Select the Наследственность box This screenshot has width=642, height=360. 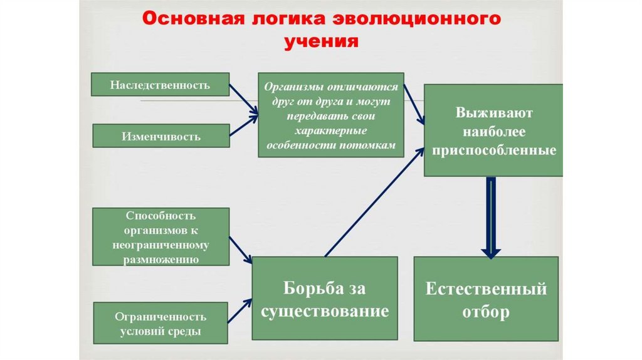(160, 85)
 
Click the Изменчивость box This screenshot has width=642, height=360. (161, 135)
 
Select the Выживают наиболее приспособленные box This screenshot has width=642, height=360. (493, 130)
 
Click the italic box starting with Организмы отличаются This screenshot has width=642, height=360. (330, 115)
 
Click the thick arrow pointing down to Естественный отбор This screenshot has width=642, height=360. (492, 216)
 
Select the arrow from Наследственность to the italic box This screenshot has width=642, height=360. (244, 99)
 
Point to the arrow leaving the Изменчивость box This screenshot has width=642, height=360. (243, 125)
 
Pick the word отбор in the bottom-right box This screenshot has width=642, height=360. (486, 312)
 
